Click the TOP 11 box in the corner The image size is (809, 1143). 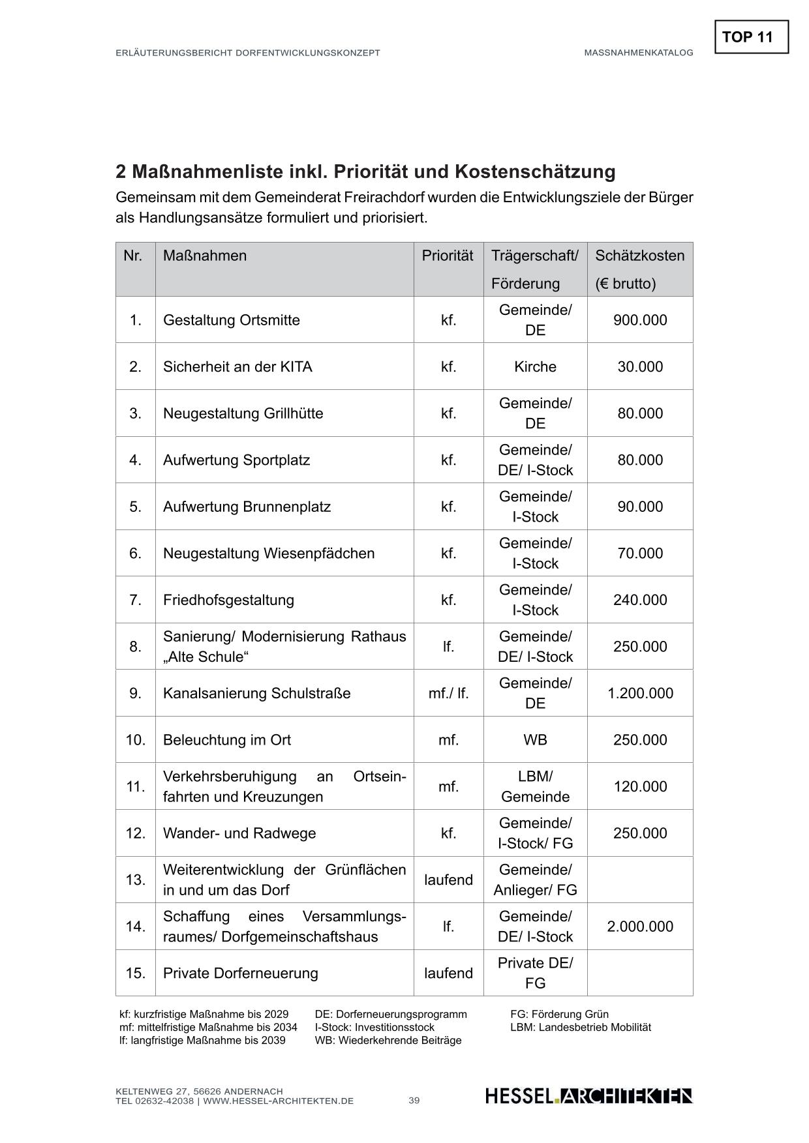pyautogui.click(x=751, y=37)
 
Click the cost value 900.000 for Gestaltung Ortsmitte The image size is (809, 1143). pyautogui.click(x=640, y=320)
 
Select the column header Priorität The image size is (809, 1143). pyautogui.click(x=448, y=256)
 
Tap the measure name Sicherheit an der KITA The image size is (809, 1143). pyautogui.click(x=237, y=367)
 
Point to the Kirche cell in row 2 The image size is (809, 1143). pyautogui.click(x=535, y=367)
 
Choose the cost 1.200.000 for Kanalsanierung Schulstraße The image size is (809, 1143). pyautogui.click(x=640, y=693)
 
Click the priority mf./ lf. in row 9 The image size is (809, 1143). pyautogui.click(x=448, y=693)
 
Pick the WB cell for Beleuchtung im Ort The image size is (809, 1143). pyautogui.click(x=535, y=740)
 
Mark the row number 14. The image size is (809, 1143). pyautogui.click(x=136, y=927)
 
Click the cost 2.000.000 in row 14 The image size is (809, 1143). pyautogui.click(x=640, y=927)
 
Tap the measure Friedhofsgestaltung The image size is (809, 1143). pyautogui.click(x=228, y=600)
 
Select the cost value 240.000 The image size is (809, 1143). pyautogui.click(x=640, y=600)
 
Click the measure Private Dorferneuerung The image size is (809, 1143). pyautogui.click(x=240, y=973)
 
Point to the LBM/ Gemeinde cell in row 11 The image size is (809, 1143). pyautogui.click(x=535, y=787)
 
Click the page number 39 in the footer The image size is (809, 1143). pyautogui.click(x=414, y=1101)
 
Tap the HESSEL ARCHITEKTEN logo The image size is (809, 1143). pyautogui.click(x=588, y=1096)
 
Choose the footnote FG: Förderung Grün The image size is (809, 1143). pyautogui.click(x=559, y=1015)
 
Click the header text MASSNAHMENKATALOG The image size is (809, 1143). pyautogui.click(x=638, y=53)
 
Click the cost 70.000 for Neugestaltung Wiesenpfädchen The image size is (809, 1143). pyautogui.click(x=640, y=554)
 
